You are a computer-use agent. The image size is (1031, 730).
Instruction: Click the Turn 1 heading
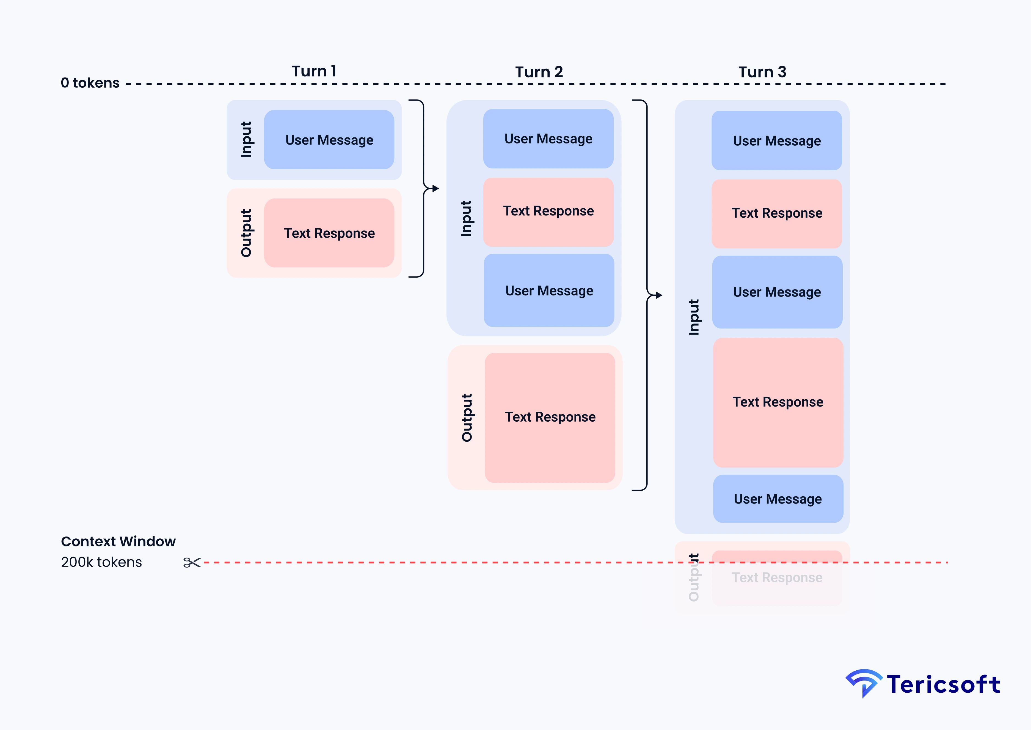click(x=314, y=71)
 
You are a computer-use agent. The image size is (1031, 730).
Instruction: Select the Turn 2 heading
click(x=539, y=72)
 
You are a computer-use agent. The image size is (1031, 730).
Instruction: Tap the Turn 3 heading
click(x=762, y=72)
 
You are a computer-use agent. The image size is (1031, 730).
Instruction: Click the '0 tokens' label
click(x=90, y=83)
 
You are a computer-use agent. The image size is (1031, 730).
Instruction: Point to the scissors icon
click(x=192, y=562)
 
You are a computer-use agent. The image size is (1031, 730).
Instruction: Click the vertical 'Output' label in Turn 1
click(x=246, y=233)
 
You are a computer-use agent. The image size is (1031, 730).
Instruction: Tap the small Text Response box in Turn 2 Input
click(x=548, y=211)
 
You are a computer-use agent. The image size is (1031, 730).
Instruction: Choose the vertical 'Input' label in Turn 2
click(x=466, y=219)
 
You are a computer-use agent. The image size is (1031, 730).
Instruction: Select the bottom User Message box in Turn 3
click(x=778, y=499)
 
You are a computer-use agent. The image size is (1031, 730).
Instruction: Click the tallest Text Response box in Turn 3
click(x=778, y=402)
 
